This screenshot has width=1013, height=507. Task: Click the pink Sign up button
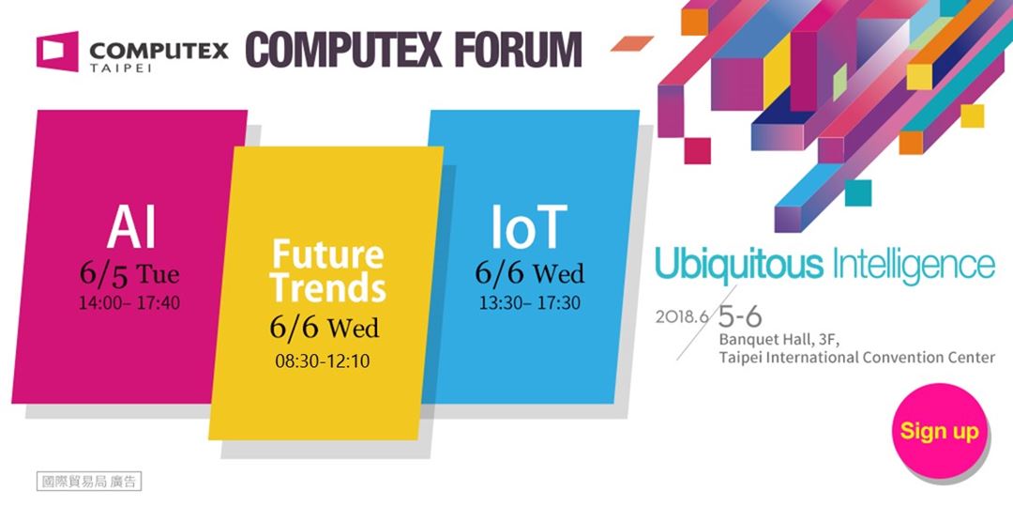(x=941, y=431)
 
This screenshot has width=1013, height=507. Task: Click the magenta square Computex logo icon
(x=57, y=51)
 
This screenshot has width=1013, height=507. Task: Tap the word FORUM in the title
(x=518, y=50)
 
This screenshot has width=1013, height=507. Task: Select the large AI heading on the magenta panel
(x=131, y=228)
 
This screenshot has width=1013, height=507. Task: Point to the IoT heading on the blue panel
(x=529, y=227)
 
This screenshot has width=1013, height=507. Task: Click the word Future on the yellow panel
(x=327, y=254)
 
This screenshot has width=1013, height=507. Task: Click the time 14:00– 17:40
(x=129, y=302)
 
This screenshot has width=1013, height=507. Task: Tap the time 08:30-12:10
(x=323, y=361)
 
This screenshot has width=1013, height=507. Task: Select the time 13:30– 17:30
(x=530, y=302)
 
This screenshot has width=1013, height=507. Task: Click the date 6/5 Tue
(x=129, y=274)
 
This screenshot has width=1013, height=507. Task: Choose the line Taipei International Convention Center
(x=856, y=357)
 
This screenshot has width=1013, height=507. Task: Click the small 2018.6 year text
(x=682, y=317)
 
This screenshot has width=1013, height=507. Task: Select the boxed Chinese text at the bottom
(x=88, y=482)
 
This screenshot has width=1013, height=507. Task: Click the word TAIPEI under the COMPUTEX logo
(x=121, y=68)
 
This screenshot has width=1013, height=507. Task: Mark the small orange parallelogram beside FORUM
(x=632, y=43)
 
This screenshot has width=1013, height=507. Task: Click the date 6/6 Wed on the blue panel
(x=530, y=273)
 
